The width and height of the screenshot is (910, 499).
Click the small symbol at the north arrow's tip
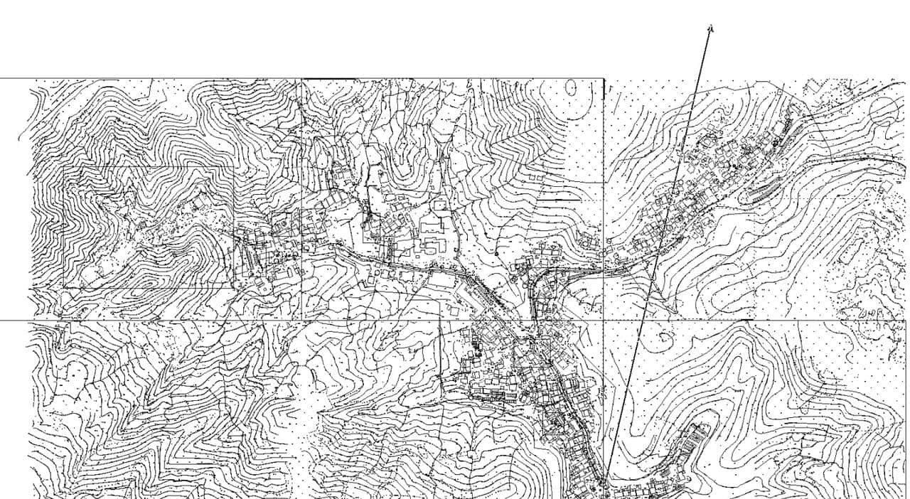[x=710, y=28]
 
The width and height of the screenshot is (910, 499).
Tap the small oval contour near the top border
[x=571, y=87]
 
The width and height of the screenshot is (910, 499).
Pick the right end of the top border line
[x=604, y=78]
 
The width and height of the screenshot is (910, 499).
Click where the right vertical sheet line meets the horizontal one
[x=604, y=321]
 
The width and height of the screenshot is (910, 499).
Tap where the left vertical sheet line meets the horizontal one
[x=302, y=321]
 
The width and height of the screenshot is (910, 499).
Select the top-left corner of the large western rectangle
[x=64, y=168]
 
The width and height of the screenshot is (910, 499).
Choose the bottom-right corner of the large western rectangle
[x=234, y=287]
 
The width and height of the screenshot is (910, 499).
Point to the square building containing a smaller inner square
[x=441, y=205]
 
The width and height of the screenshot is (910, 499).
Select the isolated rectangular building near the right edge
[x=886, y=187]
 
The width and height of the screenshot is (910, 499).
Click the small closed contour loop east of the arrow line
[x=664, y=338]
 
